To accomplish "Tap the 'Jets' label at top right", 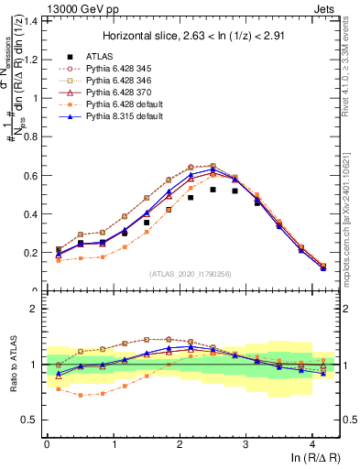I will (x=324, y=7).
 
